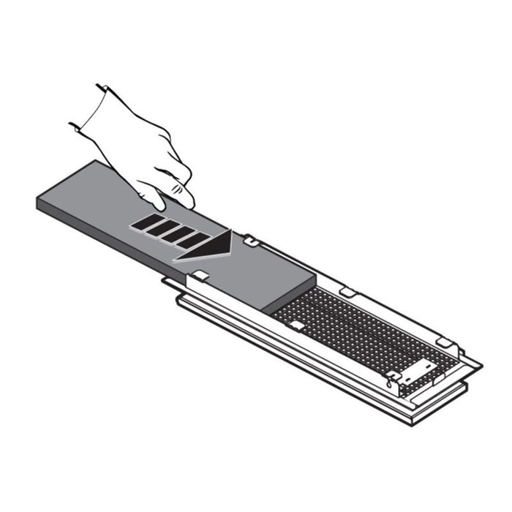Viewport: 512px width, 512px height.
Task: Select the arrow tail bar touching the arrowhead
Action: pyautogui.click(x=194, y=238)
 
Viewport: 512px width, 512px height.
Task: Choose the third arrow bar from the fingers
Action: pyautogui.click(x=179, y=233)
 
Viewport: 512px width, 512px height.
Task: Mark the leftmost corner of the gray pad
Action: pyautogui.click(x=38, y=204)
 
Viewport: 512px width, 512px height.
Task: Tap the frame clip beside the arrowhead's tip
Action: pyautogui.click(x=249, y=240)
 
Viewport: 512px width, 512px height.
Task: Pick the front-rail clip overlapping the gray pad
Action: pyautogui.click(x=201, y=276)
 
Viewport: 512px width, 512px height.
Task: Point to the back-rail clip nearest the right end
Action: pyautogui.click(x=443, y=342)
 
